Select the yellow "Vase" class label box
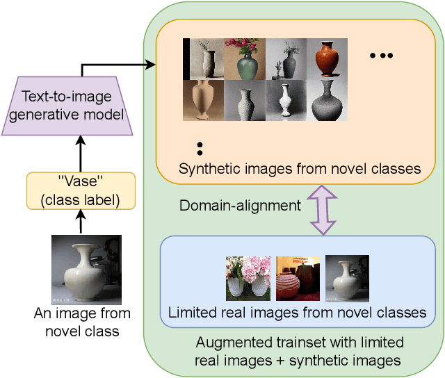point(81,190)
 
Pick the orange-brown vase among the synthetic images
point(327,58)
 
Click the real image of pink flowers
point(248,279)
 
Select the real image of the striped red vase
point(298,279)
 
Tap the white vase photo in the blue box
point(347,279)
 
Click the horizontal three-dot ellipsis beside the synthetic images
point(381,55)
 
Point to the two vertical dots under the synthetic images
point(200,148)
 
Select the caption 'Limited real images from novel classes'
point(297,313)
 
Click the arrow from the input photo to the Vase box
point(81,222)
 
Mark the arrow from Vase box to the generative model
point(81,154)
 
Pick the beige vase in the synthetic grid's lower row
point(204,100)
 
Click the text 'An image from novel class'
point(82,322)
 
